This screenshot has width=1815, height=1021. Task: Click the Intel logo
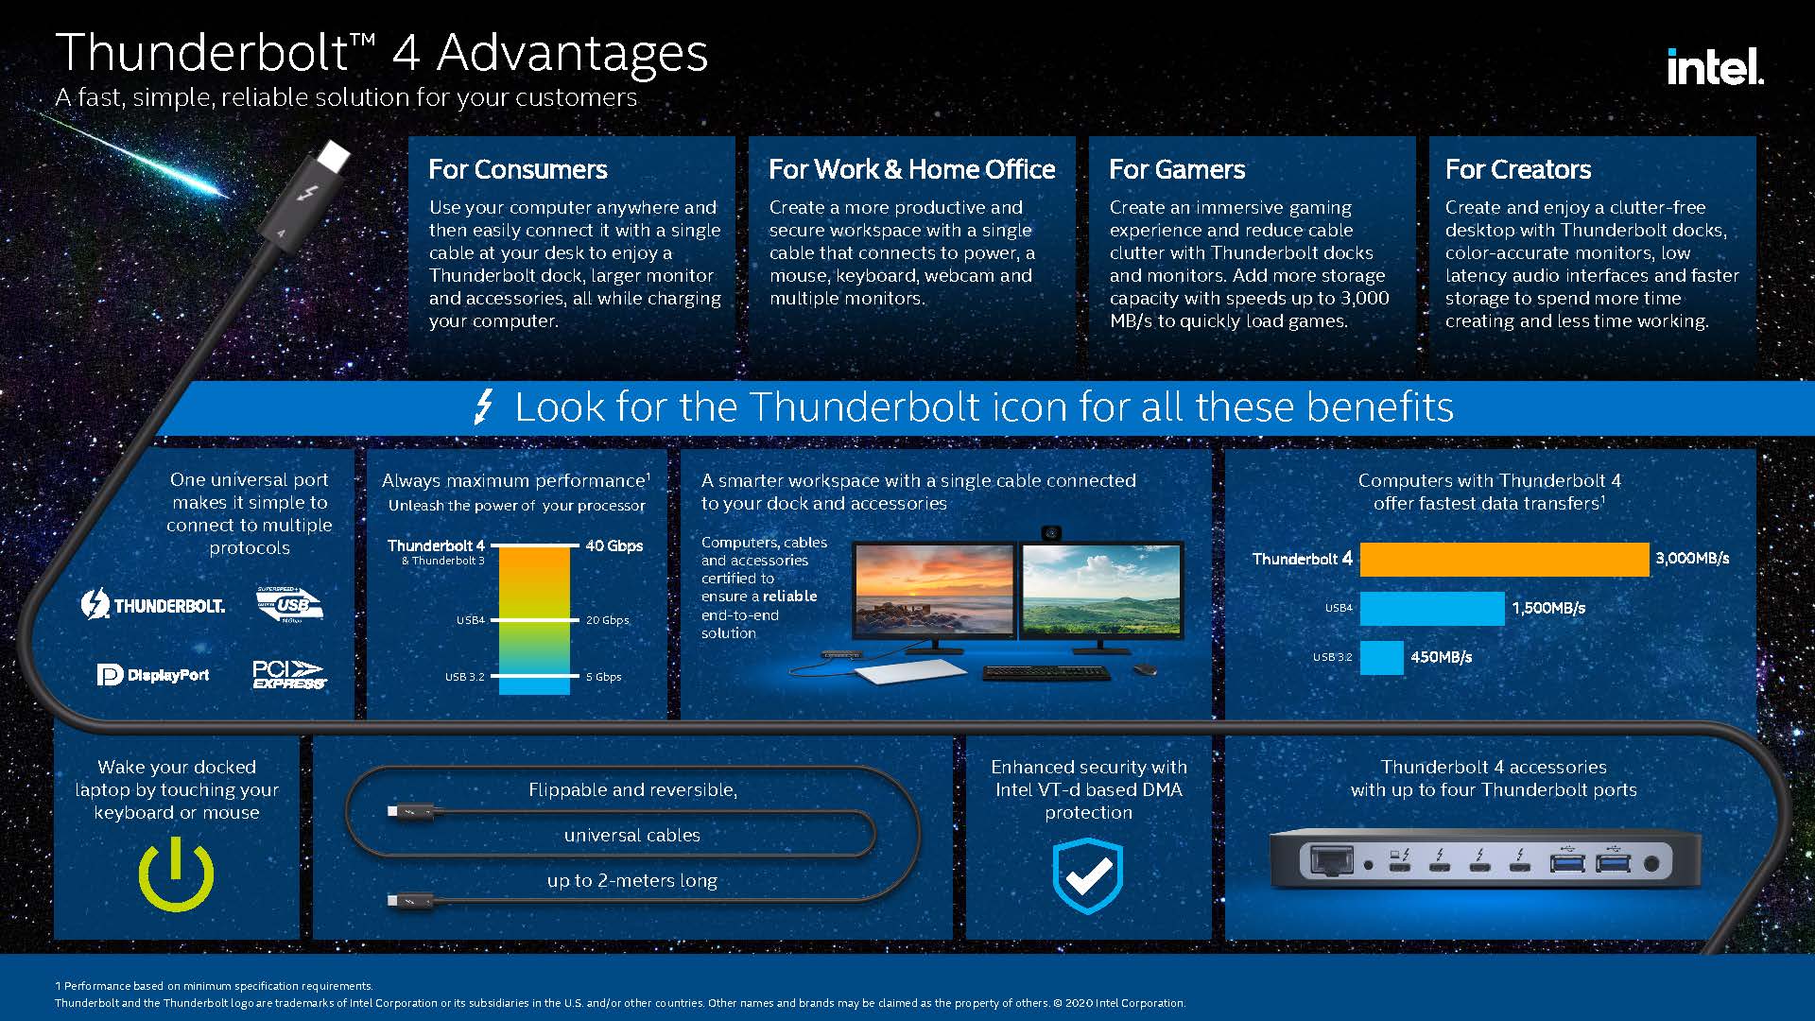(1715, 66)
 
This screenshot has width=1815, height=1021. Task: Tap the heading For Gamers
(1177, 169)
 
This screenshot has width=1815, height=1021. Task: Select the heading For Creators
(1518, 169)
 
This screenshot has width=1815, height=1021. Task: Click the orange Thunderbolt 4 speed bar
(1504, 559)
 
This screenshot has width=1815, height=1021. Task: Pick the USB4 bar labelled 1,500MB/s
(1432, 608)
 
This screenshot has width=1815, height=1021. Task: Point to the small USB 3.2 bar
(1382, 657)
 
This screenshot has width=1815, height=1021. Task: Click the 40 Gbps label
(614, 545)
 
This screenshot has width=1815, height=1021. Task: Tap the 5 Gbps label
(603, 677)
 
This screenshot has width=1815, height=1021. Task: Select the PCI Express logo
(288, 674)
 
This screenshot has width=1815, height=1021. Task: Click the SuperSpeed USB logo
(290, 605)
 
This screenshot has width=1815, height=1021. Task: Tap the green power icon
(177, 874)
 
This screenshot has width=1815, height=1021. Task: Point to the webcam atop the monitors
(1051, 533)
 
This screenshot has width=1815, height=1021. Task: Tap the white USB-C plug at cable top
(332, 154)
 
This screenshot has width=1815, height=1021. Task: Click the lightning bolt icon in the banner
(483, 407)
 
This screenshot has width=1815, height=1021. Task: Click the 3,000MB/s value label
(1692, 559)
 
